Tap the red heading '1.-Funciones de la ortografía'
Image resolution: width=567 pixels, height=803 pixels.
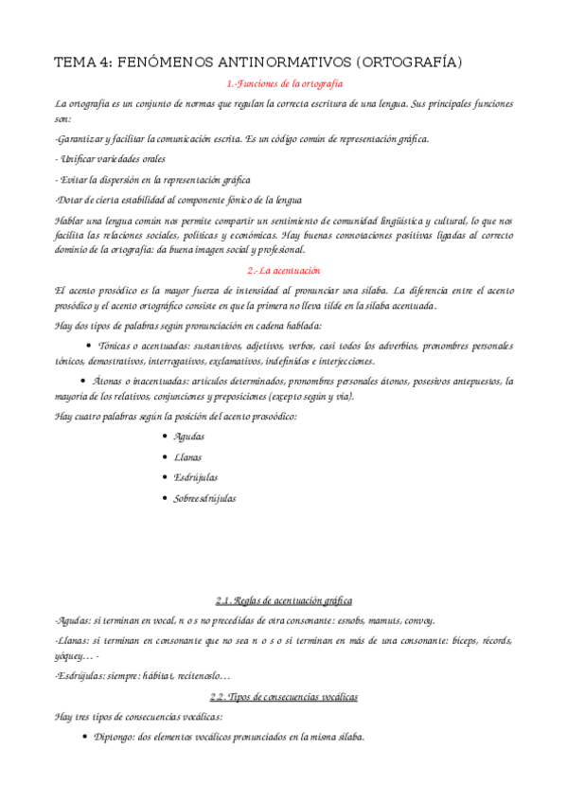[283, 84]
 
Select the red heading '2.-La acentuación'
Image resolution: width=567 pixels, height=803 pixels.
[283, 270]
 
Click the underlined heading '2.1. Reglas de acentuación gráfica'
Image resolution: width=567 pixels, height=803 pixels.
[283, 600]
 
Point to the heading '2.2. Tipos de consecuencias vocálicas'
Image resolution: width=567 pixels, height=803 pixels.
[283, 697]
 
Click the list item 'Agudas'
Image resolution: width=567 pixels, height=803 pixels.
[188, 437]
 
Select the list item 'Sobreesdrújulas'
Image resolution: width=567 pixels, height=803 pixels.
[204, 498]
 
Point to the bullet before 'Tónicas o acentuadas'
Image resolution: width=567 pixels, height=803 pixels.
[89, 346]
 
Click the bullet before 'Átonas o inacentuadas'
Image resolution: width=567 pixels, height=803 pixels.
[83, 381]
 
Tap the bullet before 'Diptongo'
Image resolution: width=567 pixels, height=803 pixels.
[85, 737]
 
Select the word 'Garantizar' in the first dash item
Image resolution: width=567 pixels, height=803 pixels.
[79, 139]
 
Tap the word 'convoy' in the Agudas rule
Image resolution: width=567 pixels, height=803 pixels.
[419, 621]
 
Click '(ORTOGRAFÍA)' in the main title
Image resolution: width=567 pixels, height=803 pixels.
[409, 62]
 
